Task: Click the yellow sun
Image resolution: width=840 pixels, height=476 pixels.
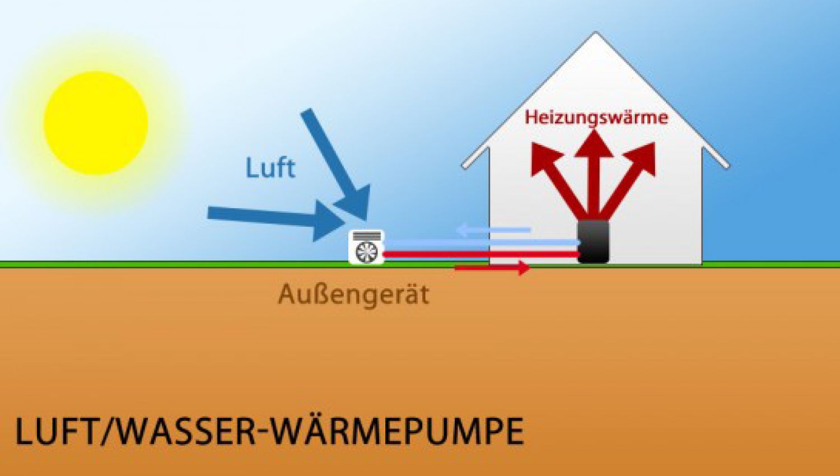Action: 96,123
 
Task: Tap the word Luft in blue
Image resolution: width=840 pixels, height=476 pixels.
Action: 270,167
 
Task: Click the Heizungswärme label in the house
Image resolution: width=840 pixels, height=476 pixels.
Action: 596,118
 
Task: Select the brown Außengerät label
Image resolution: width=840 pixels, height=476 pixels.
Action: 353,295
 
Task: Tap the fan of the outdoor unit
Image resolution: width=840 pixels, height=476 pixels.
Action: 366,252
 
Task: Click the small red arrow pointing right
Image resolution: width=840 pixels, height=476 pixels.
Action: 493,269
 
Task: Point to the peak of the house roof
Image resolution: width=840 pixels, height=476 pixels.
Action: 595,35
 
